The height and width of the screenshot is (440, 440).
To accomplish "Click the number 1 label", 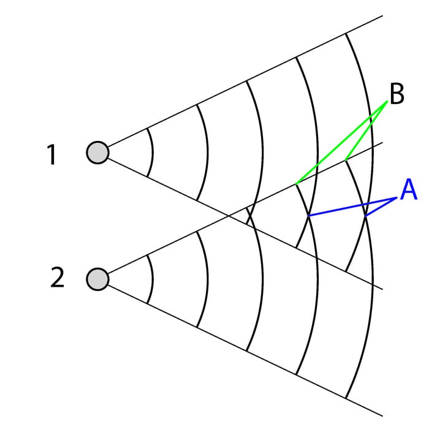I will [x=52, y=154].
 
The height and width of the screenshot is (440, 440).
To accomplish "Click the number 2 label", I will [x=56, y=278].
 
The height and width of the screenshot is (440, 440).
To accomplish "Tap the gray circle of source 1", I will [x=97, y=151].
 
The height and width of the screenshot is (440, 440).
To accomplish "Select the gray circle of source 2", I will [x=97, y=279].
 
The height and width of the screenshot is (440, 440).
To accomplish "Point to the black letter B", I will [x=396, y=96].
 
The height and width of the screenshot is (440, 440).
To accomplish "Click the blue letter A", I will [x=408, y=191].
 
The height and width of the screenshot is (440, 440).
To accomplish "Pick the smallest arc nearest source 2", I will [x=153, y=279].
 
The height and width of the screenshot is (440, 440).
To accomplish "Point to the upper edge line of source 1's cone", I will [x=245, y=80].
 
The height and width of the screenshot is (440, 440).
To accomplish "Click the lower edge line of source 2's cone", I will [x=245, y=350].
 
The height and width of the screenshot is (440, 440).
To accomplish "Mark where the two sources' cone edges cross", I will [x=229, y=215].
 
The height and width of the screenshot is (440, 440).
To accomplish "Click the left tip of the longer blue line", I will [x=308, y=216].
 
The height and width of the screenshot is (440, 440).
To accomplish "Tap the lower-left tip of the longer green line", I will [x=297, y=183].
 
